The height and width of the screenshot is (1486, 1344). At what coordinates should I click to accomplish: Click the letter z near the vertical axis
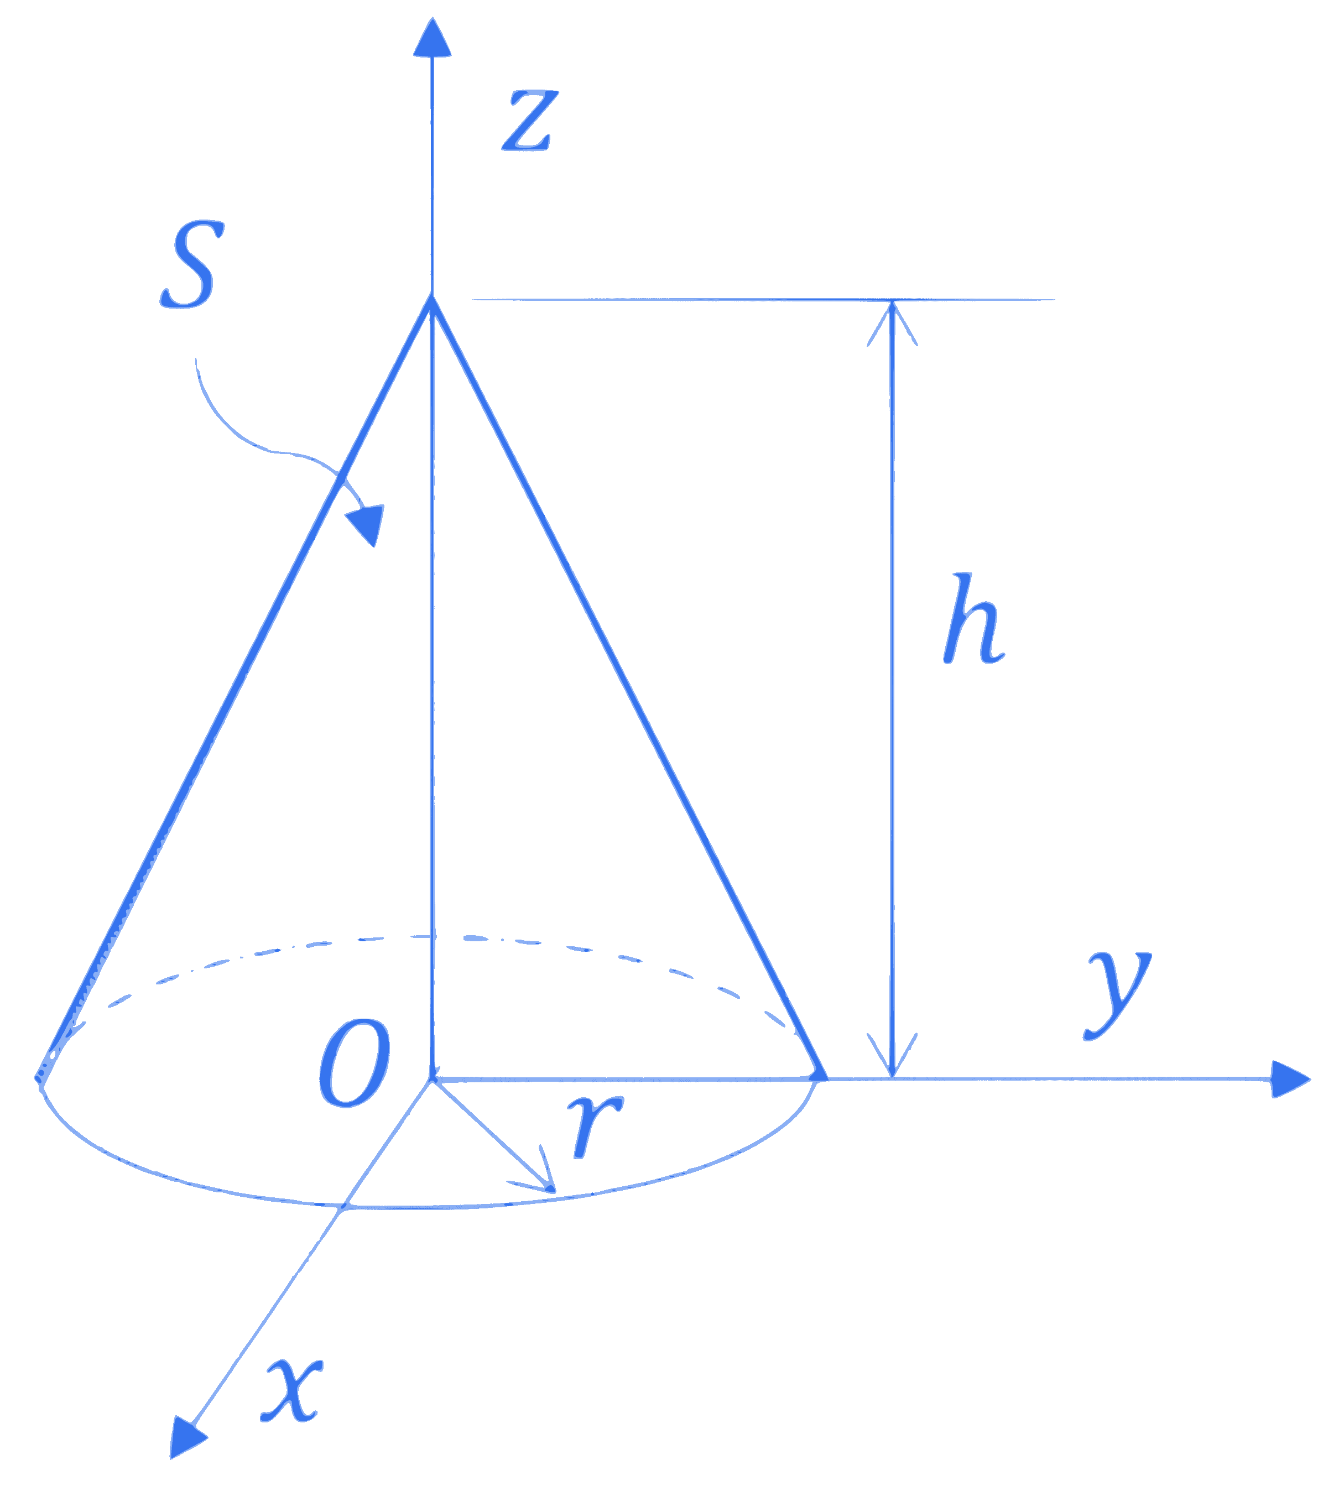pyautogui.click(x=529, y=121)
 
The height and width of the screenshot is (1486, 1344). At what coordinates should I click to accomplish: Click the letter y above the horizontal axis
pyautogui.click(x=1117, y=994)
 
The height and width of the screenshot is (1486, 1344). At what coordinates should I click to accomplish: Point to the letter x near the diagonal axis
pyautogui.click(x=292, y=1389)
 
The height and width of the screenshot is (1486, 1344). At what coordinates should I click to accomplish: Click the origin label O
pyautogui.click(x=354, y=1063)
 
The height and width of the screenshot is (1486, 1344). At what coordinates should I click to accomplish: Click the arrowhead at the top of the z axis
pyautogui.click(x=432, y=37)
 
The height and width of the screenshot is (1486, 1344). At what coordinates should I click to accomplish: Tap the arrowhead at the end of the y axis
pyautogui.click(x=1291, y=1080)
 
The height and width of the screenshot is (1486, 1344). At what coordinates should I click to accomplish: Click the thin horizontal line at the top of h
pyautogui.click(x=763, y=300)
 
